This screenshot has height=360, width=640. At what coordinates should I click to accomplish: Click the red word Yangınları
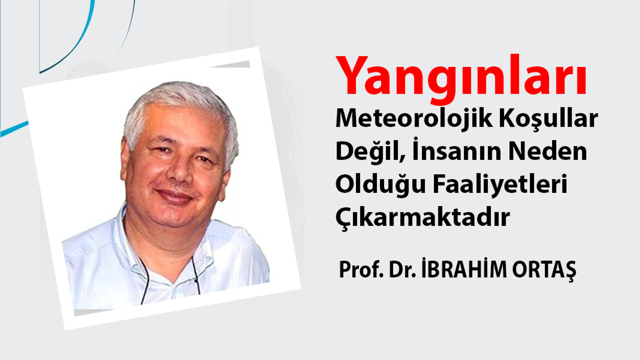pos(461,78)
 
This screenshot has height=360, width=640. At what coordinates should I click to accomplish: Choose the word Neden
pos(547,151)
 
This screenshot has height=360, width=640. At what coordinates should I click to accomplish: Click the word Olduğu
pos(380,184)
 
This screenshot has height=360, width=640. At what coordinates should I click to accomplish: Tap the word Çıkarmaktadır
pos(423,217)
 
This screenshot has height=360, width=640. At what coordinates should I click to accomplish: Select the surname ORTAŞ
pos(544,270)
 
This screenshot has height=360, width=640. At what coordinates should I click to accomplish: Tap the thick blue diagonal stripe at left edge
pos(14,129)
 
